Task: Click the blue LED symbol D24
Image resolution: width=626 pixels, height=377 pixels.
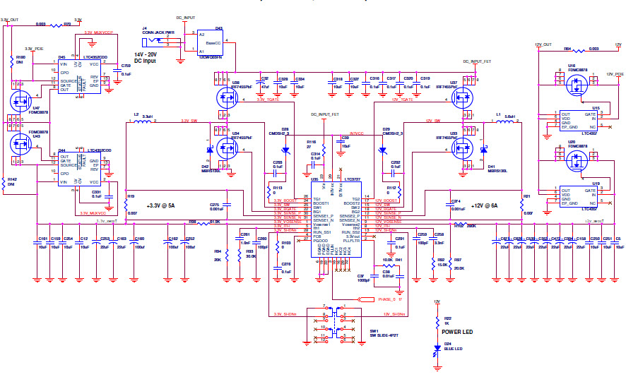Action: [437, 346]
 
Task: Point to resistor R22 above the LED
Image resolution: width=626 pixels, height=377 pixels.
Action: [437, 320]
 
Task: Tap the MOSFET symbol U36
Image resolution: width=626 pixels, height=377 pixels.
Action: [228, 98]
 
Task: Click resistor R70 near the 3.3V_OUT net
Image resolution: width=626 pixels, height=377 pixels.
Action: [68, 25]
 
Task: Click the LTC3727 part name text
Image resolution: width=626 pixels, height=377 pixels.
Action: [352, 179]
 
